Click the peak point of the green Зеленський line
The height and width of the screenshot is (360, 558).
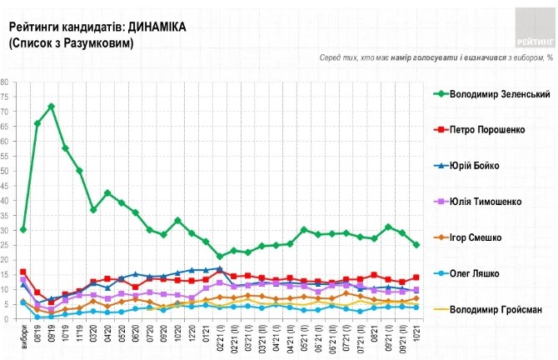52,107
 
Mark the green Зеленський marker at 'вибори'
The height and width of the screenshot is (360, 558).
23,229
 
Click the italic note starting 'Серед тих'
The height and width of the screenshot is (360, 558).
436,58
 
